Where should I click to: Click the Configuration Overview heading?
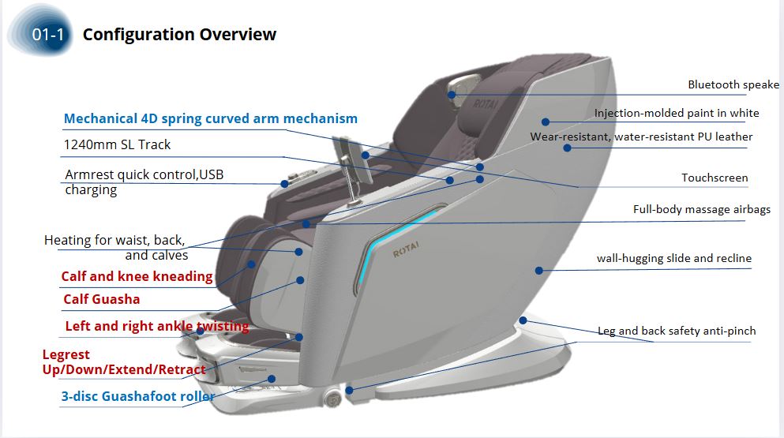pos(179,35)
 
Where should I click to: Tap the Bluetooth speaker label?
pos(733,85)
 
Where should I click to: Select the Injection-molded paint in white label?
pos(677,114)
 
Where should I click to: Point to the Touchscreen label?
pos(715,178)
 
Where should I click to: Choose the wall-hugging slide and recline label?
pos(673,259)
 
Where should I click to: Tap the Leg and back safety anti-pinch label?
pos(676,331)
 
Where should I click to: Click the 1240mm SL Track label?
pos(117,145)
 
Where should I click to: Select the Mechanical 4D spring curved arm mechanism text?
pos(210,119)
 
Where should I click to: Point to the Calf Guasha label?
pos(102,300)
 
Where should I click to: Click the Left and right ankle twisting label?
pos(156,327)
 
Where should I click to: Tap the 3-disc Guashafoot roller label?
pos(138,397)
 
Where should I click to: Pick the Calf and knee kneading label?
pos(137,277)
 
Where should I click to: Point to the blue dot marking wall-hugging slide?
pos(539,271)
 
